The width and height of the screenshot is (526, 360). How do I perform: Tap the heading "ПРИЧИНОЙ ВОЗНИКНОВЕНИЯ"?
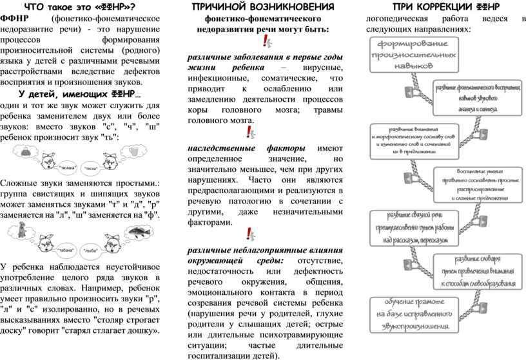click(x=263, y=7)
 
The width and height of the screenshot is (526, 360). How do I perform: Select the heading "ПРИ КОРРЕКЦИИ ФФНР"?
click(x=445, y=7)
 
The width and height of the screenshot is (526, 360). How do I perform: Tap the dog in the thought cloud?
click(x=23, y=228)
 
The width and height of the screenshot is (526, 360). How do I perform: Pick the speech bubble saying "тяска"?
click(x=91, y=168)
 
